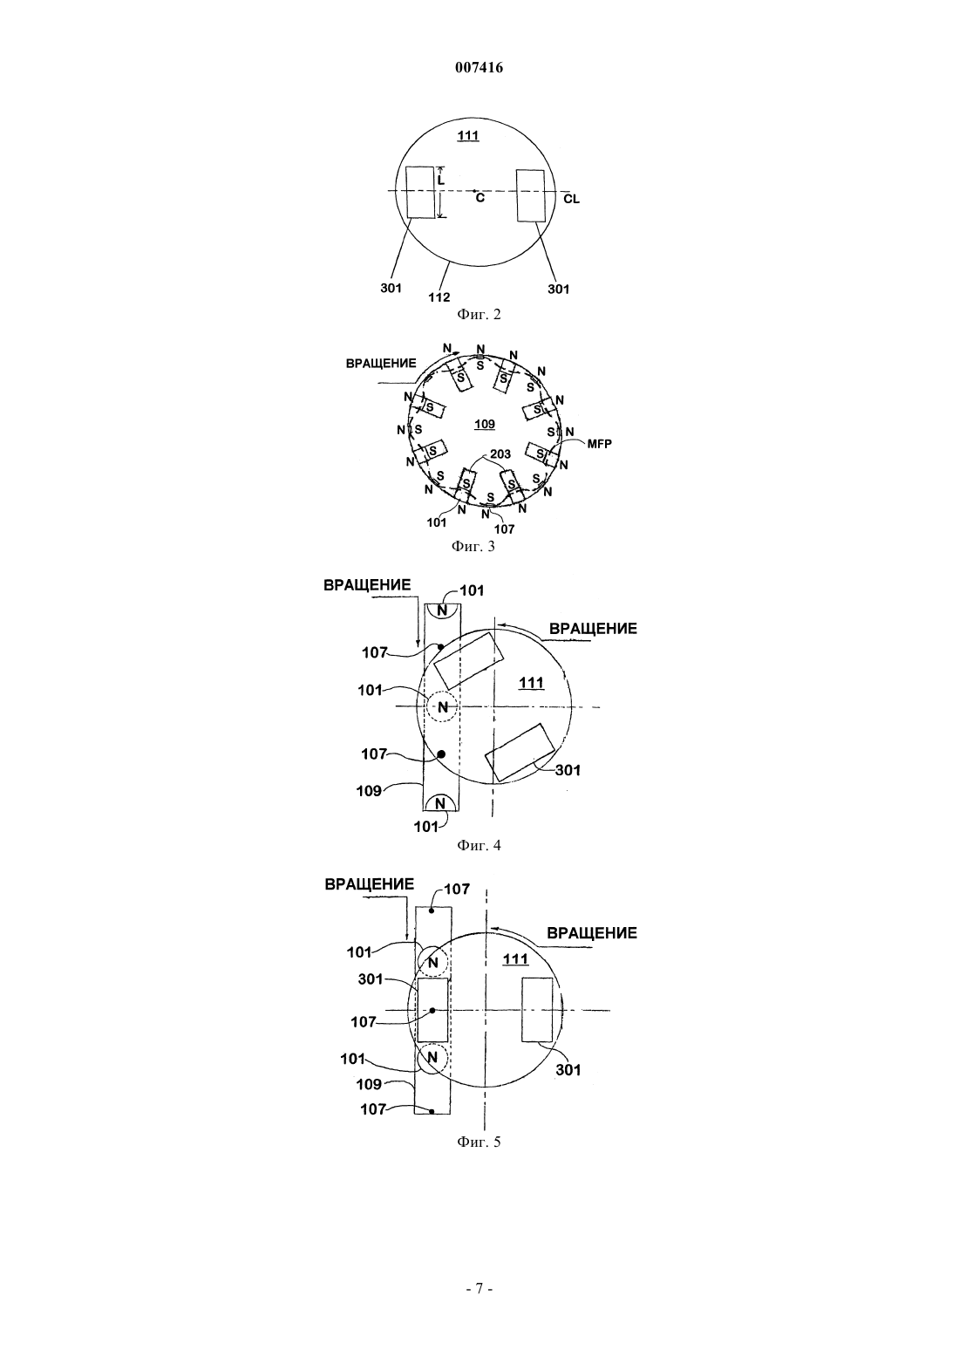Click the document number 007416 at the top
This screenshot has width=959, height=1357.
coord(479,68)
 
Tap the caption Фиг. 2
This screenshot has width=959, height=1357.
coord(479,314)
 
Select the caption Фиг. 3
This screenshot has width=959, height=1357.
coord(473,546)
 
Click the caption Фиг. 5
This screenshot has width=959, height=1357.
coord(479,1142)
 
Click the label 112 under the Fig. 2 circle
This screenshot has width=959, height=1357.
coord(439,297)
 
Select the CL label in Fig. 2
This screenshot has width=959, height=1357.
coord(572,199)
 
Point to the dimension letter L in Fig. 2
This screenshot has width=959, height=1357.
coord(441,180)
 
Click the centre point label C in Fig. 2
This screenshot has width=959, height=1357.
coord(480,197)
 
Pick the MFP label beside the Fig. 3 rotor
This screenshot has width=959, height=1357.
coord(600,443)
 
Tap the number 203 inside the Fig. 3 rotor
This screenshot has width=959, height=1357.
coord(500,453)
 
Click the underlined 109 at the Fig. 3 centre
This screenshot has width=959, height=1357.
coord(485,424)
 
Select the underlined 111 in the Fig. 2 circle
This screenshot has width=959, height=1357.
coord(468,135)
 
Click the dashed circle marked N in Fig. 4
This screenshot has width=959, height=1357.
coord(443,706)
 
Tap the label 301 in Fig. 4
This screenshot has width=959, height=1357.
coord(568,770)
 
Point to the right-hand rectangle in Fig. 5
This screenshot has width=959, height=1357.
coord(538,1009)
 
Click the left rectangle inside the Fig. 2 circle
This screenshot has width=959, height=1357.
coord(421,192)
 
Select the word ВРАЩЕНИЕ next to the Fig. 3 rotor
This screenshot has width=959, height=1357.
coord(381,364)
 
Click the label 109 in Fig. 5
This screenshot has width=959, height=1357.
coord(369,1084)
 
